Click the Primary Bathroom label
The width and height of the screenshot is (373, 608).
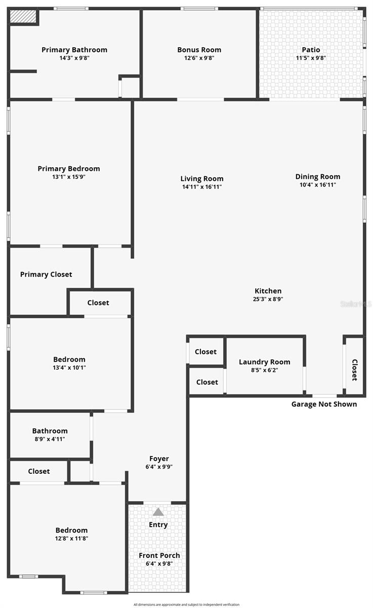pyautogui.click(x=74, y=50)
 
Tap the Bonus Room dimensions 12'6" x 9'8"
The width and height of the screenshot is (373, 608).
pyautogui.click(x=199, y=58)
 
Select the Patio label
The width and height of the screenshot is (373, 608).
pyautogui.click(x=311, y=50)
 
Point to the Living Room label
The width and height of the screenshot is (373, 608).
pyautogui.click(x=202, y=178)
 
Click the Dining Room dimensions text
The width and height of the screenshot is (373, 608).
pyautogui.click(x=318, y=185)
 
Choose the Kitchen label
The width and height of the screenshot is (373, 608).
pyautogui.click(x=268, y=291)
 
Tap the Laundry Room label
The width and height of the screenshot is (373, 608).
pyautogui.click(x=265, y=362)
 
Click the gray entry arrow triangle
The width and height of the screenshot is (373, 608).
pyautogui.click(x=158, y=512)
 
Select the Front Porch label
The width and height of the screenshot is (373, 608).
pyautogui.click(x=159, y=555)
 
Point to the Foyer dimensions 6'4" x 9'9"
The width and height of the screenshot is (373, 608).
pyautogui.click(x=159, y=467)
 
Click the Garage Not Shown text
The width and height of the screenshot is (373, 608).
pyautogui.click(x=324, y=404)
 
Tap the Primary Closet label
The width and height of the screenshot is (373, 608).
pyautogui.click(x=46, y=274)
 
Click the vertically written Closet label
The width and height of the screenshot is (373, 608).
pyautogui.click(x=354, y=370)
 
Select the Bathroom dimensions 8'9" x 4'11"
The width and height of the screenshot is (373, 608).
pyautogui.click(x=50, y=439)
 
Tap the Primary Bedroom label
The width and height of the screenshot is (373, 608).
pyautogui.click(x=69, y=169)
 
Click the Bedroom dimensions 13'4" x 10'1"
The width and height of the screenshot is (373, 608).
pyautogui.click(x=69, y=368)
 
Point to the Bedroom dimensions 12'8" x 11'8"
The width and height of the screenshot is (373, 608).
pyautogui.click(x=71, y=539)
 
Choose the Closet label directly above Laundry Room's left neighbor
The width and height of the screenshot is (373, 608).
pyautogui.click(x=205, y=352)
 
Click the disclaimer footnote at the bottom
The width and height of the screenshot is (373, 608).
pyautogui.click(x=186, y=604)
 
